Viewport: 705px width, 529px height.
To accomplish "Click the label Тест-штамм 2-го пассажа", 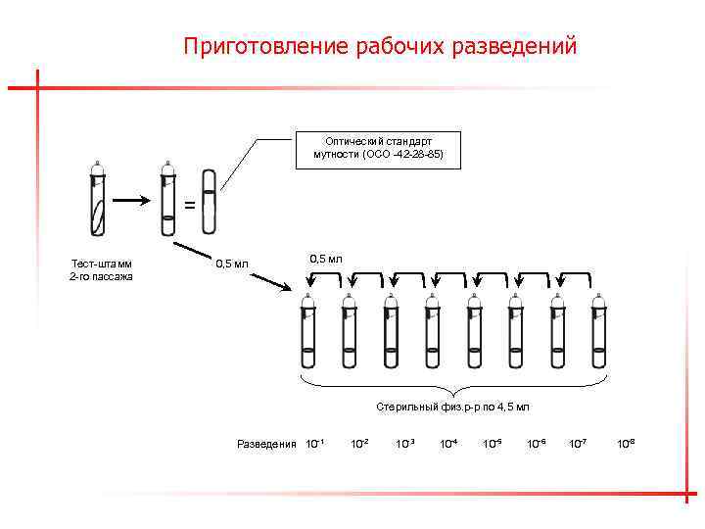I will (101, 269).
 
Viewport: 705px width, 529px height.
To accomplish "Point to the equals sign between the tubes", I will (189, 206).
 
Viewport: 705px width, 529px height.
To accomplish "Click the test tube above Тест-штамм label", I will (95, 201).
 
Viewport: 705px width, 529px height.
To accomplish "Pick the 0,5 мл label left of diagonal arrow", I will (232, 264).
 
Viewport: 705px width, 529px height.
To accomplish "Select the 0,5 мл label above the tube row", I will (326, 259).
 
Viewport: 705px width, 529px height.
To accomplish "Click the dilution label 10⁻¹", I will (315, 444).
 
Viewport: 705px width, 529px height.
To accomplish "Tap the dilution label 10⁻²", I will (359, 444).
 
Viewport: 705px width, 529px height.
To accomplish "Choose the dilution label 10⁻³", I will (404, 444).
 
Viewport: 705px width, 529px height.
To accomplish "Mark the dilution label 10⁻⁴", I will (448, 444).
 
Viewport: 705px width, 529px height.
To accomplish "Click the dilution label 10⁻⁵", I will (493, 444).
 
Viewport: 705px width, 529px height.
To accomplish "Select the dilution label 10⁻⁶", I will (537, 444).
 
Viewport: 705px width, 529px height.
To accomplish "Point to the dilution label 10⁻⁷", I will (579, 444).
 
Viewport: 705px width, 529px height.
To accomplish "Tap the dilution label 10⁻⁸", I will (625, 444).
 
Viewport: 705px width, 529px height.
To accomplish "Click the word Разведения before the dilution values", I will (266, 444).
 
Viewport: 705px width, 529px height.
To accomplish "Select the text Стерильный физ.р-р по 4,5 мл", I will (452, 406).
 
